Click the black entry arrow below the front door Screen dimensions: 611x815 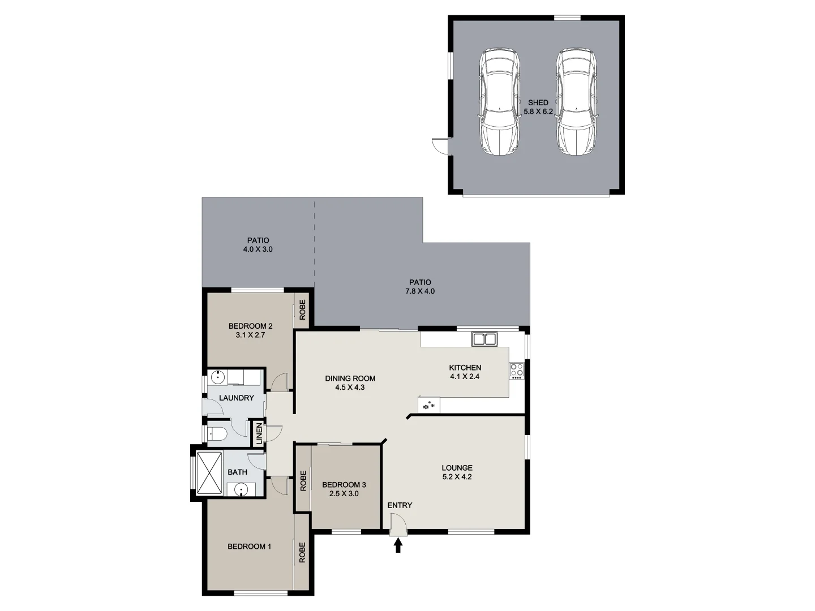pyautogui.click(x=398, y=545)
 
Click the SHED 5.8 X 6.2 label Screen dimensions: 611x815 pyautogui.click(x=538, y=107)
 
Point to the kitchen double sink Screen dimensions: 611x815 pyautogui.click(x=484, y=339)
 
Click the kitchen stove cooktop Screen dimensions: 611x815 pyautogui.click(x=517, y=371)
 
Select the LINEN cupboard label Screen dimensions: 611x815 pyautogui.click(x=260, y=433)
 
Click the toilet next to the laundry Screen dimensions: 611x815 pyautogui.click(x=218, y=434)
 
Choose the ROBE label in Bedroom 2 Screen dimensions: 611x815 pyautogui.click(x=302, y=310)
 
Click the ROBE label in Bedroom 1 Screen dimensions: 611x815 pyautogui.click(x=302, y=552)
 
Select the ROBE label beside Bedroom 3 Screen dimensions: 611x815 pyautogui.click(x=303, y=480)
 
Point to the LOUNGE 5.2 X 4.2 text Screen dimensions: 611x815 pyautogui.click(x=457, y=472)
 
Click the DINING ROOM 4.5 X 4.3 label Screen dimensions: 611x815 pyautogui.click(x=350, y=383)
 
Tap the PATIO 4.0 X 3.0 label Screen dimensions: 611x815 pyautogui.click(x=258, y=244)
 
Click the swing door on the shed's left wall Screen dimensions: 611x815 pyautogui.click(x=440, y=145)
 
